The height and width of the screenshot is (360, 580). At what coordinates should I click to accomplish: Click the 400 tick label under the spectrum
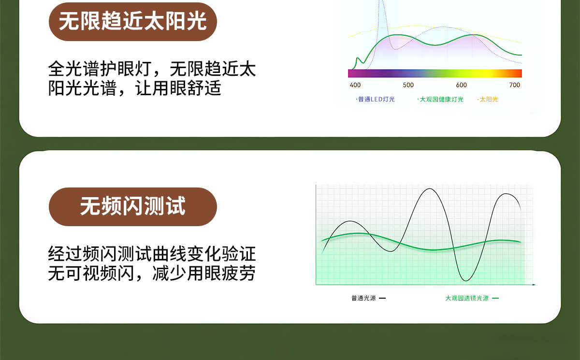[x=355, y=85]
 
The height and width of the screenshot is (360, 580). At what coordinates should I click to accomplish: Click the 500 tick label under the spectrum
[x=408, y=85]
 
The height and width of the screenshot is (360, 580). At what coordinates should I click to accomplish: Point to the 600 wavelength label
[x=461, y=85]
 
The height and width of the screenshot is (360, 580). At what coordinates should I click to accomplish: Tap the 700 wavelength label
[x=514, y=85]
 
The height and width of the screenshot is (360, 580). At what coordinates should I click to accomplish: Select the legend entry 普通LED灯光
[x=375, y=100]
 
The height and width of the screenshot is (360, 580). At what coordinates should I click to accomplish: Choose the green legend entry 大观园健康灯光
[x=440, y=100]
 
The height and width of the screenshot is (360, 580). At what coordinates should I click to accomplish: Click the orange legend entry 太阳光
[x=488, y=100]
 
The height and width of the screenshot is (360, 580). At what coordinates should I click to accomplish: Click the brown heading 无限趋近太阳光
[x=132, y=21]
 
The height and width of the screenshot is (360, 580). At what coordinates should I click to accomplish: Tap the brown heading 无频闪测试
[x=132, y=206]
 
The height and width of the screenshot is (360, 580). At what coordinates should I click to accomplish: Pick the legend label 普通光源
[x=363, y=298]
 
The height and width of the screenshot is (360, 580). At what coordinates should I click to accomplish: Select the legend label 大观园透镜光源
[x=466, y=298]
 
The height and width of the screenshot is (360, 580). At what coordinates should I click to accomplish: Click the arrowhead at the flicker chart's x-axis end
[x=534, y=285]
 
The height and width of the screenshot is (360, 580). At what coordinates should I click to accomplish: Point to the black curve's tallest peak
[x=430, y=188]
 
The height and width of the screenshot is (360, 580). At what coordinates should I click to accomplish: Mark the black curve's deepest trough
[x=466, y=281]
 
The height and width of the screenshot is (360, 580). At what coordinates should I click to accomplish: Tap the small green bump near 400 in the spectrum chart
[x=358, y=58]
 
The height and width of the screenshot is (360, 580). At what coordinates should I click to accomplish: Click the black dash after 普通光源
[x=382, y=298]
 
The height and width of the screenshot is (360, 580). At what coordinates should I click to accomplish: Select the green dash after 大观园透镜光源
[x=495, y=298]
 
